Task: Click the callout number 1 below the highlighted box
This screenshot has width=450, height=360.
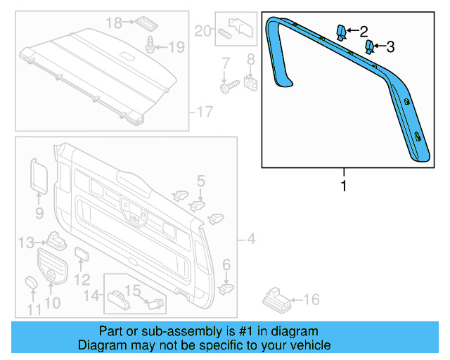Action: [344, 186]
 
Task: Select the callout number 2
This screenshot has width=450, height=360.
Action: [364, 31]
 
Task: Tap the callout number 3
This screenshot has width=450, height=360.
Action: [390, 47]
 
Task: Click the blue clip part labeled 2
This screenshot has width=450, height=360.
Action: [340, 32]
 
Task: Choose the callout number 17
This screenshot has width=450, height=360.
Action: [204, 111]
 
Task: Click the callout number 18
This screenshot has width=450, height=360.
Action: [114, 22]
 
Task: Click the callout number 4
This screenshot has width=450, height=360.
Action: [251, 240]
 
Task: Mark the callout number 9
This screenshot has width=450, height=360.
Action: [39, 212]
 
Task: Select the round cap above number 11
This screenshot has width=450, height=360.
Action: [32, 283]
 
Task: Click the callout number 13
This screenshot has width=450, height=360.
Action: [26, 243]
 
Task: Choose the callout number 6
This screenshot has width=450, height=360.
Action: [226, 264]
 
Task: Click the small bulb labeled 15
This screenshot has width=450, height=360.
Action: [156, 304]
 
